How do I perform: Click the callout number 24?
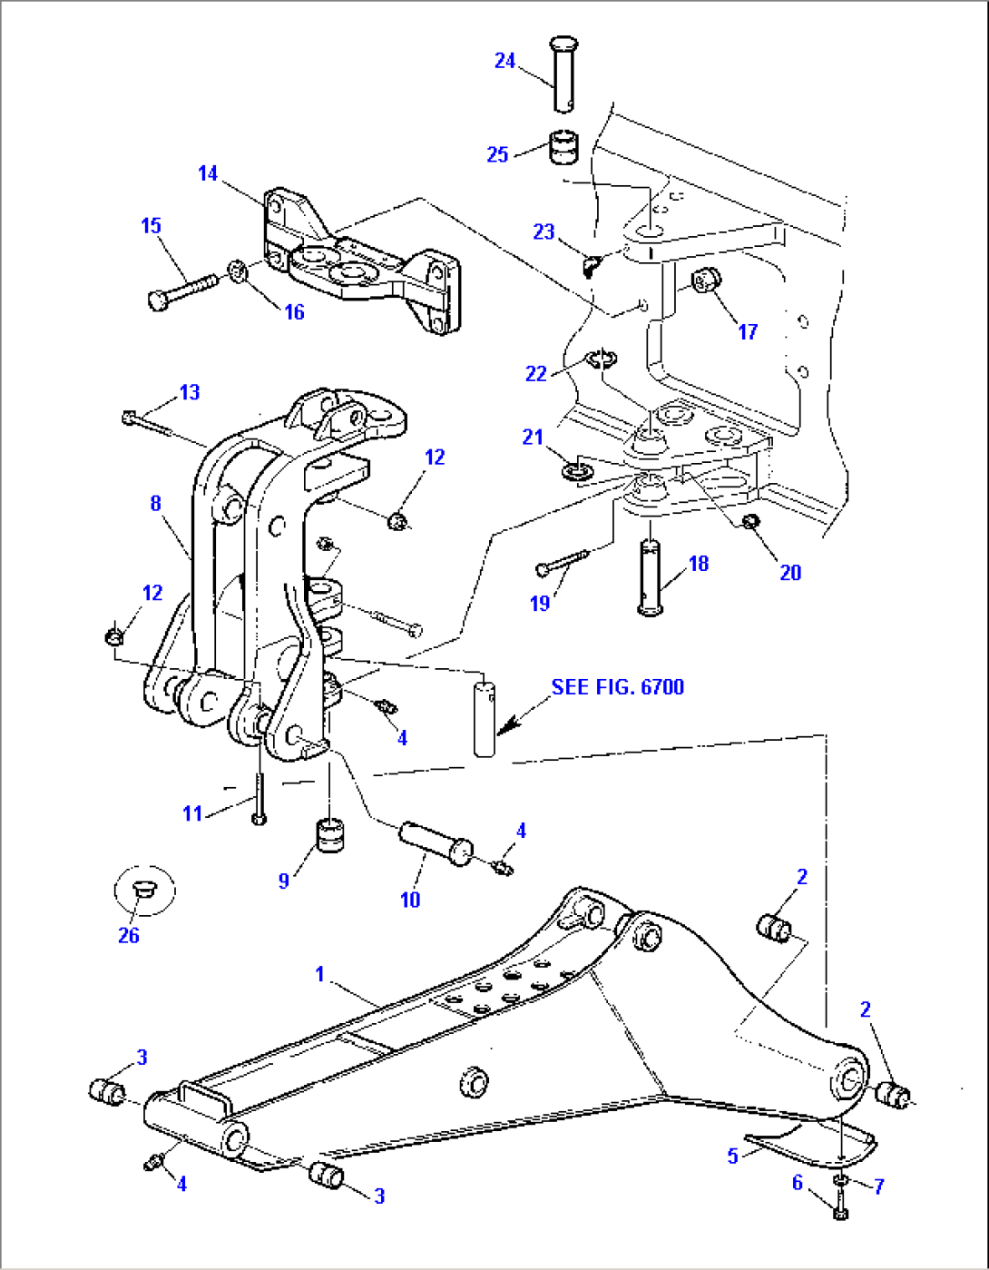tap(504, 61)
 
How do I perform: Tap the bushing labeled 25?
tap(564, 148)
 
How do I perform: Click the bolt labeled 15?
tap(181, 290)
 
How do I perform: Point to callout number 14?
tap(208, 173)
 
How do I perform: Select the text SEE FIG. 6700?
tap(617, 687)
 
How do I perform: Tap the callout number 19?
tap(540, 603)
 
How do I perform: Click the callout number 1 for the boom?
tap(319, 974)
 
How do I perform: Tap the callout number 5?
tap(732, 1157)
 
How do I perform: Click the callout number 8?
tap(156, 503)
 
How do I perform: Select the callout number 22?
tap(536, 373)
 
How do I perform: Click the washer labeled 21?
tap(573, 471)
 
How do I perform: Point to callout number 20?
tap(790, 572)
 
